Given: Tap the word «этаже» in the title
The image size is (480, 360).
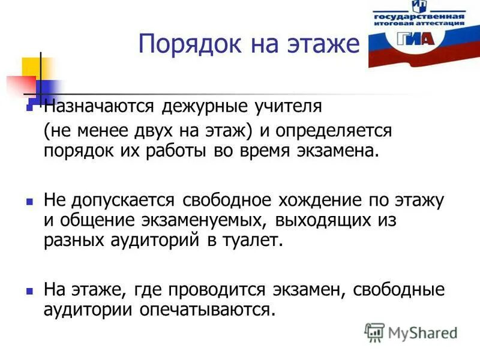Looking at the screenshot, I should click(x=321, y=44).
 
